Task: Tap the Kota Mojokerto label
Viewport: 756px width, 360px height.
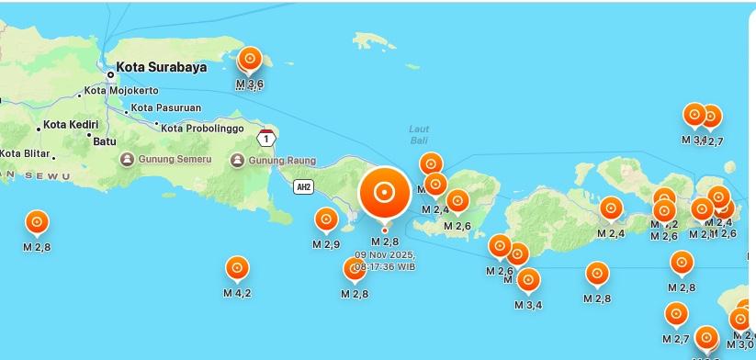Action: [x=120, y=91]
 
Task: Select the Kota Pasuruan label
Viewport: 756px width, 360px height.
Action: [x=165, y=107]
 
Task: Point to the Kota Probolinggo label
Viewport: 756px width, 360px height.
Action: [x=206, y=127]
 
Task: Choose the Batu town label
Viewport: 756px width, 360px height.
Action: [x=106, y=141]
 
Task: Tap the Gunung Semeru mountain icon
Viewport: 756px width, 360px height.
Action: [x=127, y=160]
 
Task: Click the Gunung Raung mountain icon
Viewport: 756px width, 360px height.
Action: [x=237, y=161]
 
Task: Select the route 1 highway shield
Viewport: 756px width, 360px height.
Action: [x=265, y=139]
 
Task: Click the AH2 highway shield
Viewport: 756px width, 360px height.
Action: [x=303, y=187]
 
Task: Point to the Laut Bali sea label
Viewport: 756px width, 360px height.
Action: [x=419, y=134]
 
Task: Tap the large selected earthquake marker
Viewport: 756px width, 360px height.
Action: [x=384, y=193]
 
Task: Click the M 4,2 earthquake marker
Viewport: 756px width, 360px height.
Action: [x=237, y=268]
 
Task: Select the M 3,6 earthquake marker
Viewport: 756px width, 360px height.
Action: [x=249, y=61]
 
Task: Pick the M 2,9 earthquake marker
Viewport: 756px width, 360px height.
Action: [x=326, y=219]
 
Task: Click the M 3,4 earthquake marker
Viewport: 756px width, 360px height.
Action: [x=528, y=280]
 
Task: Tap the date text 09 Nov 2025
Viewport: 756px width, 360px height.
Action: [x=385, y=254]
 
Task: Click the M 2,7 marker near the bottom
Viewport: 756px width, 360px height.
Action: [x=676, y=314]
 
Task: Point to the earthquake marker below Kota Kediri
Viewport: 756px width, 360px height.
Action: [x=37, y=222]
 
